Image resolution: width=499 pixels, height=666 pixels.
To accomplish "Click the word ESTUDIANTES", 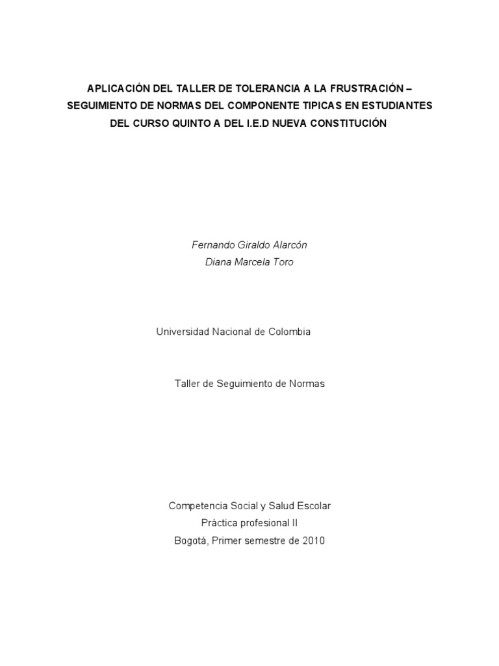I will [398, 105].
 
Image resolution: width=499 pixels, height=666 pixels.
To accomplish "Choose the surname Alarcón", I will [290, 245].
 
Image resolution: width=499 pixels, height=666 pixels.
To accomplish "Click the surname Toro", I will [283, 262].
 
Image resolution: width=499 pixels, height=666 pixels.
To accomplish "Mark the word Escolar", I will [314, 505].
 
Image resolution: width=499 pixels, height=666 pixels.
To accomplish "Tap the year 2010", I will [313, 540].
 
